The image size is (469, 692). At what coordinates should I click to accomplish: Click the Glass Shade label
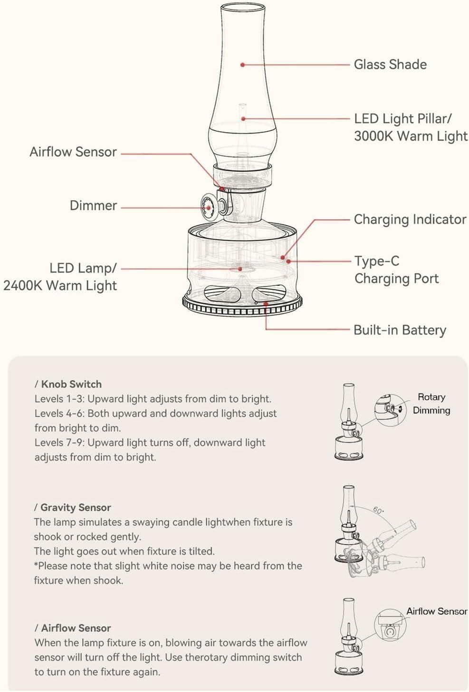(390, 65)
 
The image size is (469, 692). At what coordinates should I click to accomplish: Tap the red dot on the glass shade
(242, 65)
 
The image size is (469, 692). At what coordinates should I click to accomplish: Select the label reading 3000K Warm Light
(411, 136)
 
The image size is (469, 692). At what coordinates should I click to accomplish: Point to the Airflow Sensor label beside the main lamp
(73, 152)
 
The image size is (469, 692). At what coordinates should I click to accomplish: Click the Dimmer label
(93, 205)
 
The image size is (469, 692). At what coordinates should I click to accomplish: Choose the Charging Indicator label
(410, 220)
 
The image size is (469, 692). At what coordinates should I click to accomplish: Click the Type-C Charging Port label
(396, 269)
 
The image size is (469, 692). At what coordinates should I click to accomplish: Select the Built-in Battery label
(400, 330)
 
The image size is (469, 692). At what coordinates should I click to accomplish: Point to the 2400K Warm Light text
(60, 286)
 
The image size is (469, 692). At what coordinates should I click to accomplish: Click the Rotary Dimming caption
(431, 404)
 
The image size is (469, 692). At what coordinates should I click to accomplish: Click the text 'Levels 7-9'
(59, 442)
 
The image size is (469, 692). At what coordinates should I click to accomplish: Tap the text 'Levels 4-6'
(59, 413)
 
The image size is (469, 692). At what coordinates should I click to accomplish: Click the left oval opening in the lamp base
(222, 294)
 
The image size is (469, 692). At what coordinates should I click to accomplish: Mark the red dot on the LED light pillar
(243, 119)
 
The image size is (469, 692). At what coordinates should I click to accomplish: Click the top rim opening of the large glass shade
(243, 6)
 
